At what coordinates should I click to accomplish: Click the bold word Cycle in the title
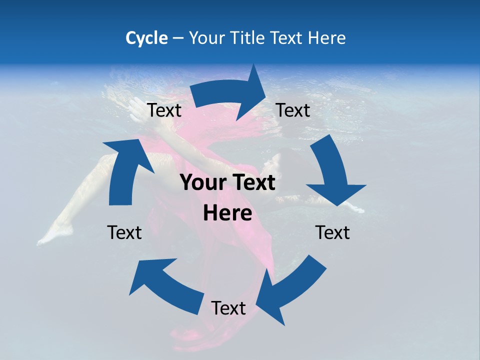tap(146, 38)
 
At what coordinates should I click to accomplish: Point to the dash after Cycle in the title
tap(178, 38)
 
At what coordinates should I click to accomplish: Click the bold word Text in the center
tap(250, 183)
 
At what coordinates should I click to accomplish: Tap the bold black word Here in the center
tap(227, 213)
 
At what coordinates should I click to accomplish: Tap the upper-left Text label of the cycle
tap(164, 110)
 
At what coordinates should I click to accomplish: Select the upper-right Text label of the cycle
tap(293, 110)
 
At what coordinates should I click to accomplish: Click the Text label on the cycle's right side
tap(332, 232)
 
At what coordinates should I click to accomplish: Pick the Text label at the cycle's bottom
tap(228, 308)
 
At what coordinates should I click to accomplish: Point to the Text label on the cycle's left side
tap(124, 232)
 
